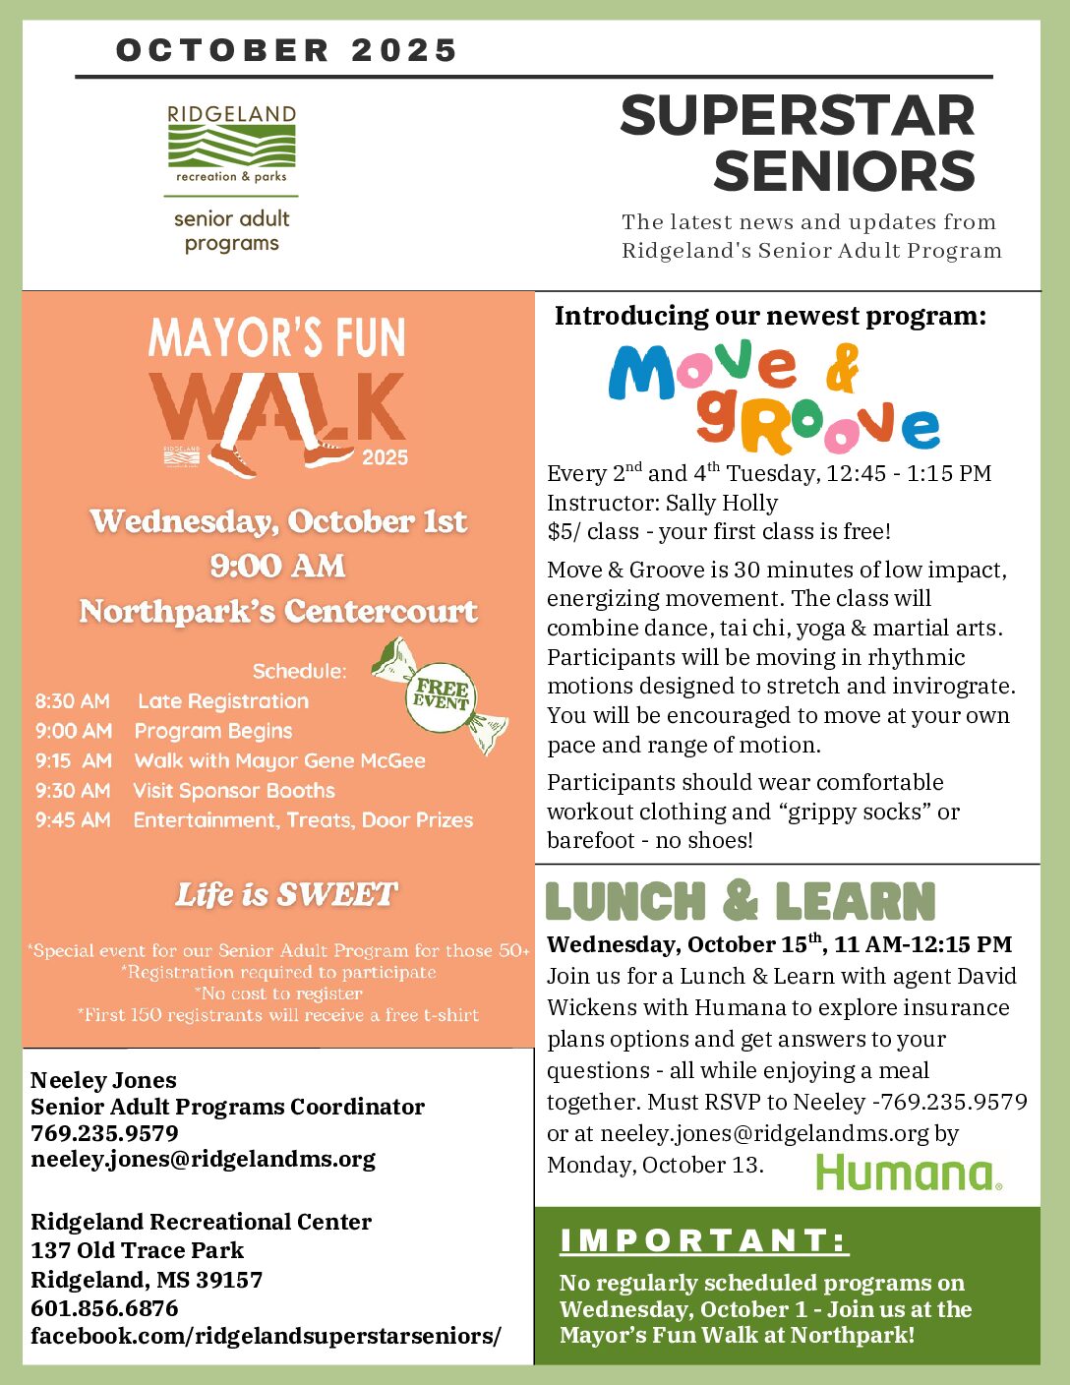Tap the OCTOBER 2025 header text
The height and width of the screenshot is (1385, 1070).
[x=286, y=50]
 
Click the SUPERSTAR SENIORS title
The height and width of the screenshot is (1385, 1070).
[x=797, y=144]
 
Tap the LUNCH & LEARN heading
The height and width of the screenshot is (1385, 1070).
[x=740, y=901]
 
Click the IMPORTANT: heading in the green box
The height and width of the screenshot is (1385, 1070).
[x=703, y=1240]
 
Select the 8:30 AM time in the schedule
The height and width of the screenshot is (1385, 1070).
[x=73, y=701]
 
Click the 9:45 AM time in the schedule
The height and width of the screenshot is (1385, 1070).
[x=73, y=819]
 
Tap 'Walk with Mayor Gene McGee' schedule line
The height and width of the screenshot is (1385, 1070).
[x=280, y=760]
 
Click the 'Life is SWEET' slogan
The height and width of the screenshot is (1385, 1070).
[x=286, y=894]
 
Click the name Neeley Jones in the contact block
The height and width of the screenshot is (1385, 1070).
[x=104, y=1080]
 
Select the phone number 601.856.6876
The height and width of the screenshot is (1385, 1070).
[x=105, y=1308]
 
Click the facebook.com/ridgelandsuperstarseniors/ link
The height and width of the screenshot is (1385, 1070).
[x=266, y=1336]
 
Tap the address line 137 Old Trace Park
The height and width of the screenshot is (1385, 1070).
[x=138, y=1250]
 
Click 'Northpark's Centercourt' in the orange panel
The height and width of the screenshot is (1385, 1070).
[x=278, y=611]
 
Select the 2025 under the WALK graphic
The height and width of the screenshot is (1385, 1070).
[x=385, y=457]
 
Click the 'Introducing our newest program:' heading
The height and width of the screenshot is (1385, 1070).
[x=770, y=316]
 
